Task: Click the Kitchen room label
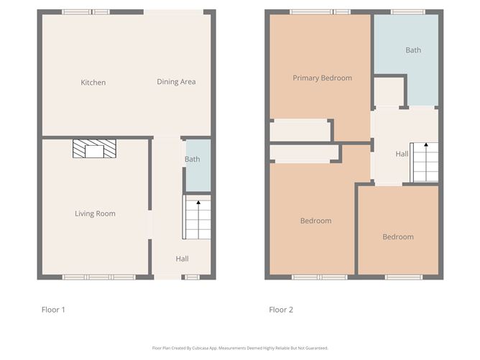(x=93, y=83)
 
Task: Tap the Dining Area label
(x=176, y=82)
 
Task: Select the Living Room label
(x=95, y=213)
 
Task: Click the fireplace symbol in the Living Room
(x=93, y=149)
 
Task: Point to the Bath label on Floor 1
(x=193, y=160)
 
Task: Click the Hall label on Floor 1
(x=182, y=259)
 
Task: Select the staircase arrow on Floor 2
(x=425, y=147)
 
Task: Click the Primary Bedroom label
(x=322, y=78)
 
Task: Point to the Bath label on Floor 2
(x=413, y=50)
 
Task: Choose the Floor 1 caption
(x=53, y=310)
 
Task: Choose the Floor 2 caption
(x=281, y=310)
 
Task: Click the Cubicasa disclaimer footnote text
(x=240, y=348)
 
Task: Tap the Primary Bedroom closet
(x=300, y=130)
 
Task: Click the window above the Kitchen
(x=86, y=11)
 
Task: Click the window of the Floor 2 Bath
(x=407, y=11)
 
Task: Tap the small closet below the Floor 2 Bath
(x=389, y=91)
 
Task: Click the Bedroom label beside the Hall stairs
(x=397, y=237)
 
